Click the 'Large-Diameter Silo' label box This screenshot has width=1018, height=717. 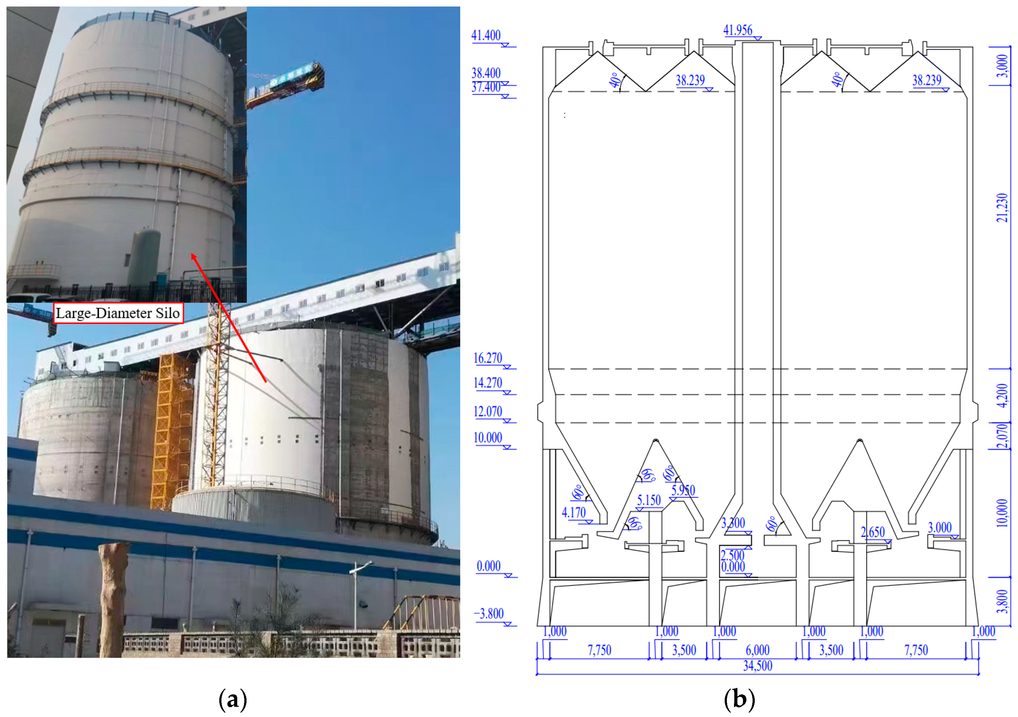click(118, 313)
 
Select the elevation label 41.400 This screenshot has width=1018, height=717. click(486, 36)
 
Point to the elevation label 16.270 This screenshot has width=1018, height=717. click(488, 358)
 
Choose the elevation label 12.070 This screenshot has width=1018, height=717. click(488, 412)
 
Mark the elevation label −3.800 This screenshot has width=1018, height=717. click(489, 614)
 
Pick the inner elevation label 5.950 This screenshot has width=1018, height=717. click(683, 490)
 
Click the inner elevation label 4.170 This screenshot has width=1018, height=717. click(574, 513)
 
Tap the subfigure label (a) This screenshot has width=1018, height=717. click(233, 700)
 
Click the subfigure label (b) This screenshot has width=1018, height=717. click(739, 700)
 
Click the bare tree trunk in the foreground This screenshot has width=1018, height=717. click(113, 599)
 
